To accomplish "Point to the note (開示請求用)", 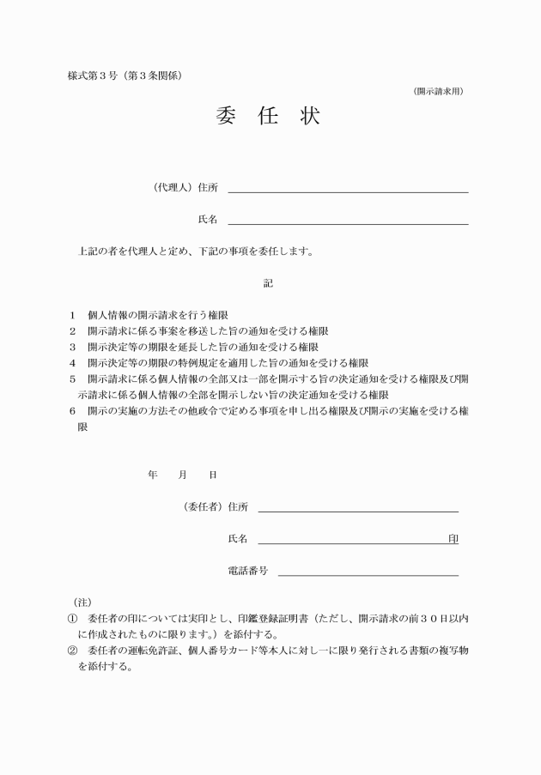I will click(x=438, y=91).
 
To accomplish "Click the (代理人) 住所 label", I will click(x=185, y=187).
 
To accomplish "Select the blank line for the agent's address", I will click(x=348, y=191).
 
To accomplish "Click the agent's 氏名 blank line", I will click(x=348, y=222).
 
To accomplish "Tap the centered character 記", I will click(x=268, y=283).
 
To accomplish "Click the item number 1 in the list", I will click(x=73, y=315).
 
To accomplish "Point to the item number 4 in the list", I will click(x=73, y=363).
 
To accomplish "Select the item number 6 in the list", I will click(x=73, y=411).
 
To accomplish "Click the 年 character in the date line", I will click(x=153, y=474).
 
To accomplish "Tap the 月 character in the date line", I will click(x=183, y=474).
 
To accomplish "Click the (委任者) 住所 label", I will click(x=216, y=506).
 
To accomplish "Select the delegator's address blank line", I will click(x=357, y=510).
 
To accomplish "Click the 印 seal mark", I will click(x=453, y=539).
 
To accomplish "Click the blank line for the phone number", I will click(x=368, y=574).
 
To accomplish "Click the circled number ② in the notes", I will click(x=73, y=650).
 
